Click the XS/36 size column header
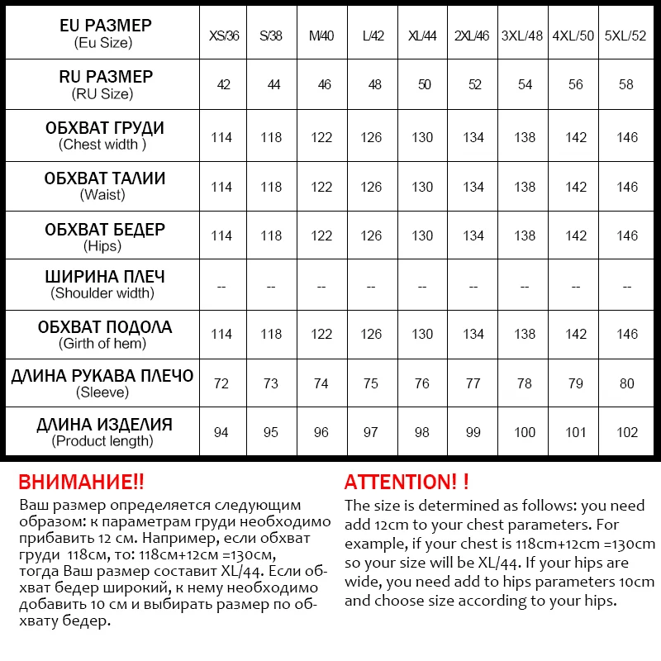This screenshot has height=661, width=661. pyautogui.click(x=224, y=36)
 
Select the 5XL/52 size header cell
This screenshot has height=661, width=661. pyautogui.click(x=627, y=36)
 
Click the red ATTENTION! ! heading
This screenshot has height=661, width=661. pyautogui.click(x=407, y=483)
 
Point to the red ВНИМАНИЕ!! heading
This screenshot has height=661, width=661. pyautogui.click(x=81, y=483)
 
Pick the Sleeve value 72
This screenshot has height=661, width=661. pyautogui.click(x=221, y=383)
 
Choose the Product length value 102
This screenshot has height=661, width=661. pyautogui.click(x=627, y=432)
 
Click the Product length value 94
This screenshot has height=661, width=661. pyautogui.click(x=221, y=432)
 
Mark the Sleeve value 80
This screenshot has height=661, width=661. pyautogui.click(x=627, y=383)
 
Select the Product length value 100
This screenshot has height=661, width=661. pyautogui.click(x=525, y=432)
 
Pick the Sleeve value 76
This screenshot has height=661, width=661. pyautogui.click(x=422, y=383)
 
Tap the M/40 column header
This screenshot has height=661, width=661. pyautogui.click(x=321, y=36)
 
